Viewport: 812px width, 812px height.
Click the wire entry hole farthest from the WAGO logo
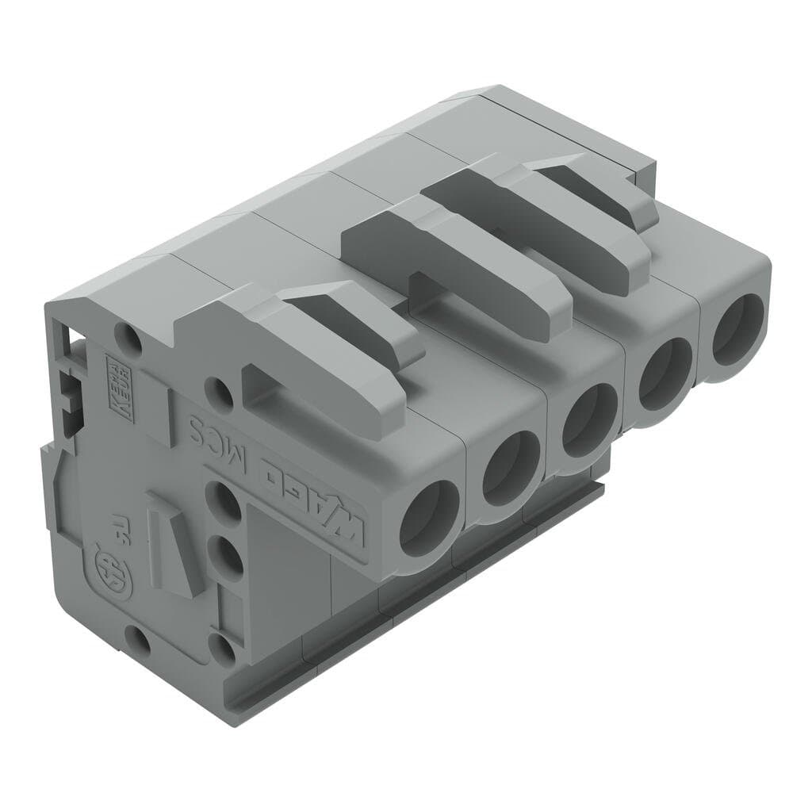[736, 329]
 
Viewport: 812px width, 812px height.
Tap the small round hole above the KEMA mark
[129, 340]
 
